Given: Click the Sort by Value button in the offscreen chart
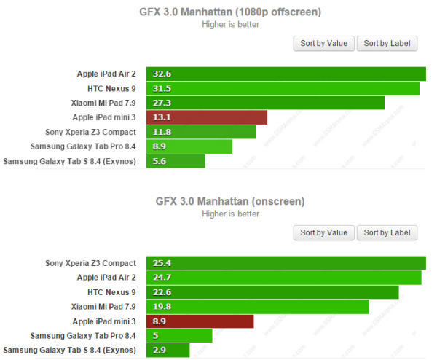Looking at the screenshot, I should point(323,43).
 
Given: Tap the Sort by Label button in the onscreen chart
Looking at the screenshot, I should point(387,232).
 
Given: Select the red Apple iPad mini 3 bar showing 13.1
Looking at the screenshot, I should point(206,117).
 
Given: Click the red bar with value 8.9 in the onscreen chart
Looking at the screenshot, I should point(200,321).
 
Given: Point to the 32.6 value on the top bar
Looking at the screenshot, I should point(162,74).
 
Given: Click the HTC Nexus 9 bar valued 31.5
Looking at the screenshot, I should point(283,88).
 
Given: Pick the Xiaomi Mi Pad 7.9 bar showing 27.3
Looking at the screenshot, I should point(265,103).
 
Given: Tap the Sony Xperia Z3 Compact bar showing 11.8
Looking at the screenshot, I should point(201,132).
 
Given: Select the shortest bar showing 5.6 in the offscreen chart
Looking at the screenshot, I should point(176,161).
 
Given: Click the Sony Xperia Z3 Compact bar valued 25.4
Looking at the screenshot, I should point(286,263).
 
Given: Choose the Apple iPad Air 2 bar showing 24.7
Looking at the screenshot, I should point(283,278).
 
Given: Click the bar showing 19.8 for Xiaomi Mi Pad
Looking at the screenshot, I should point(257,307).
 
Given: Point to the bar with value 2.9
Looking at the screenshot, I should point(168,351).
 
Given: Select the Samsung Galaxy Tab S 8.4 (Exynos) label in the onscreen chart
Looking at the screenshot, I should point(70,351).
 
